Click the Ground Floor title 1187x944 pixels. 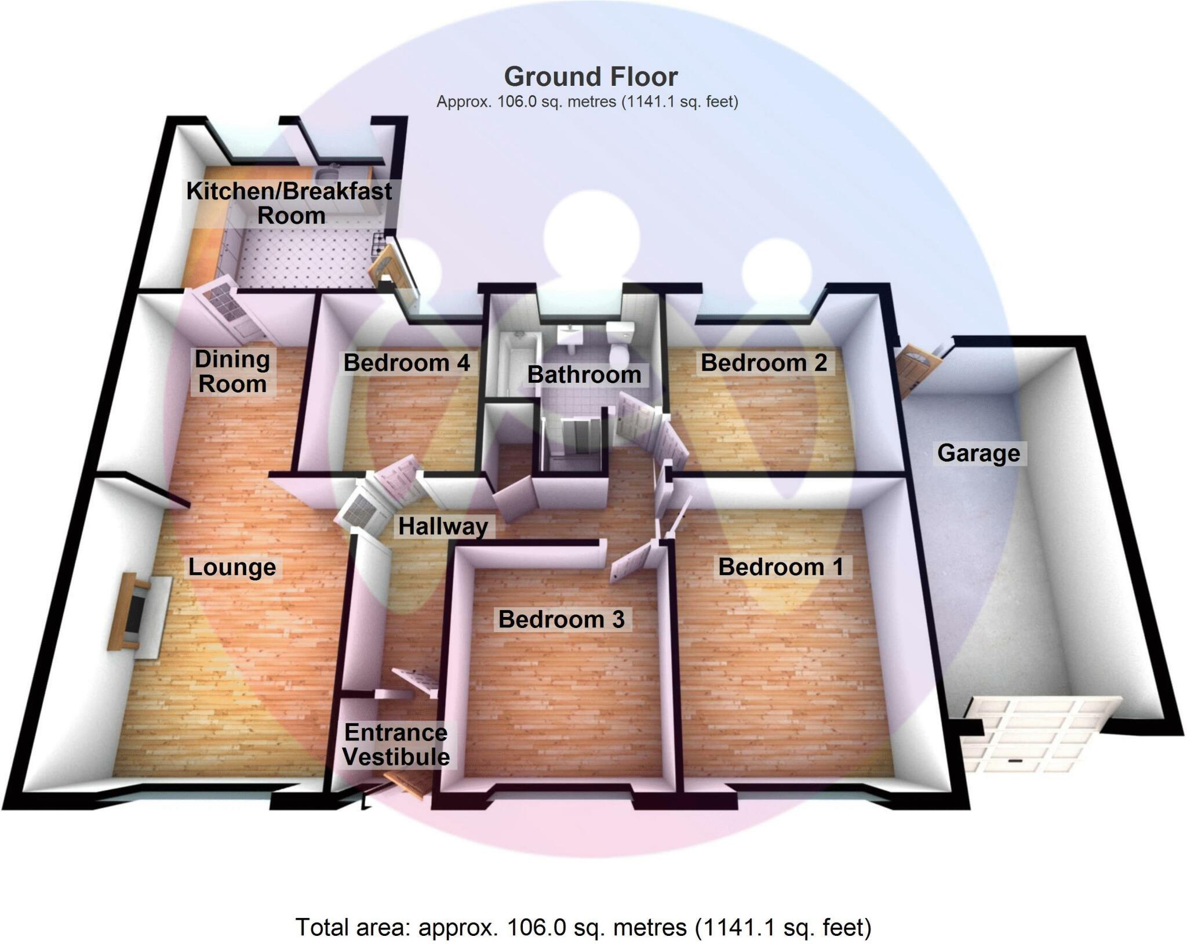tap(590, 77)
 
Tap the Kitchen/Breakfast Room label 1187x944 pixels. tap(289, 203)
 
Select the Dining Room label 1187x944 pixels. tap(232, 372)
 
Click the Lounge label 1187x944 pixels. tap(232, 567)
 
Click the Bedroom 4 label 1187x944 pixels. tap(406, 363)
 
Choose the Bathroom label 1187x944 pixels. tap(584, 375)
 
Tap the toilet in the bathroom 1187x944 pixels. tap(619, 342)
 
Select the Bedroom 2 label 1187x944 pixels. tap(763, 363)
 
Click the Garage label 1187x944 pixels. tap(978, 453)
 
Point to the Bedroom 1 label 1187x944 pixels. tap(781, 567)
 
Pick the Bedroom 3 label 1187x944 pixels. tap(561, 619)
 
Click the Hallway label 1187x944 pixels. tap(443, 527)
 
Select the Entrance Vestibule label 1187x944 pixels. tap(396, 745)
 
